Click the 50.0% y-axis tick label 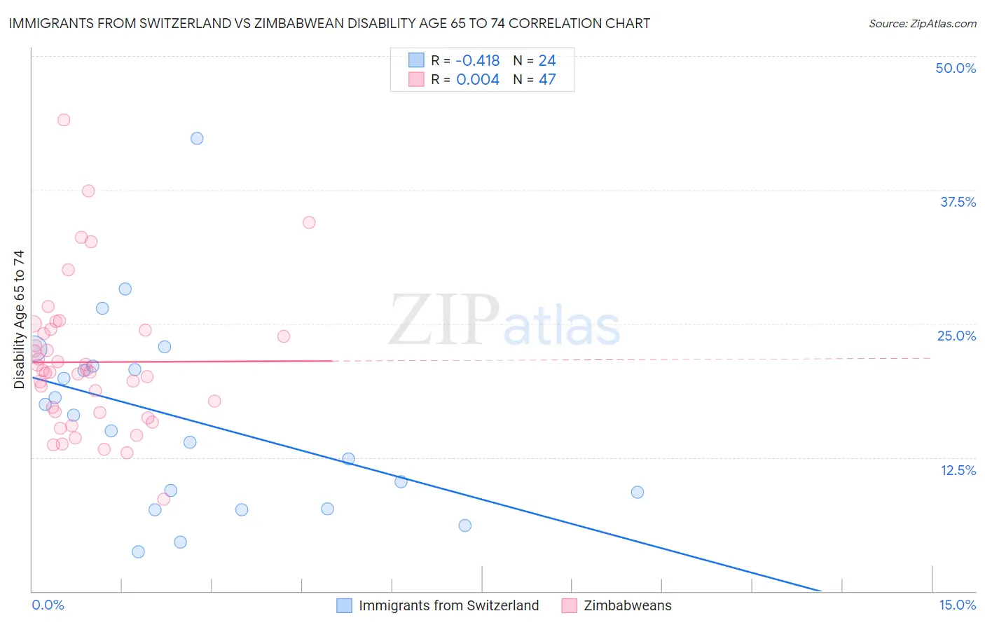(x=956, y=68)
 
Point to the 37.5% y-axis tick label (x=958, y=202)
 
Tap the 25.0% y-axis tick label (x=956, y=336)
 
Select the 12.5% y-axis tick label (x=958, y=470)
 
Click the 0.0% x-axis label (x=48, y=605)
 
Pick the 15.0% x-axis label (x=957, y=605)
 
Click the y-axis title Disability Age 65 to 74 (x=19, y=319)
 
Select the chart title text (x=329, y=23)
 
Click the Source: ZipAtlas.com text (x=922, y=23)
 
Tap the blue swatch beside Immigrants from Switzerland (x=344, y=605)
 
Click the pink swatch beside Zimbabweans (x=569, y=605)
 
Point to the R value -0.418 (x=478, y=60)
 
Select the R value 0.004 (x=478, y=79)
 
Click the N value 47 (x=547, y=79)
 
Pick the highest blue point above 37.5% (x=197, y=138)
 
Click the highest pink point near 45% (x=64, y=120)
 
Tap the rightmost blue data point (x=638, y=492)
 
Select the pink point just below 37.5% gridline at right (x=309, y=222)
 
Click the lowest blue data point (x=138, y=551)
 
